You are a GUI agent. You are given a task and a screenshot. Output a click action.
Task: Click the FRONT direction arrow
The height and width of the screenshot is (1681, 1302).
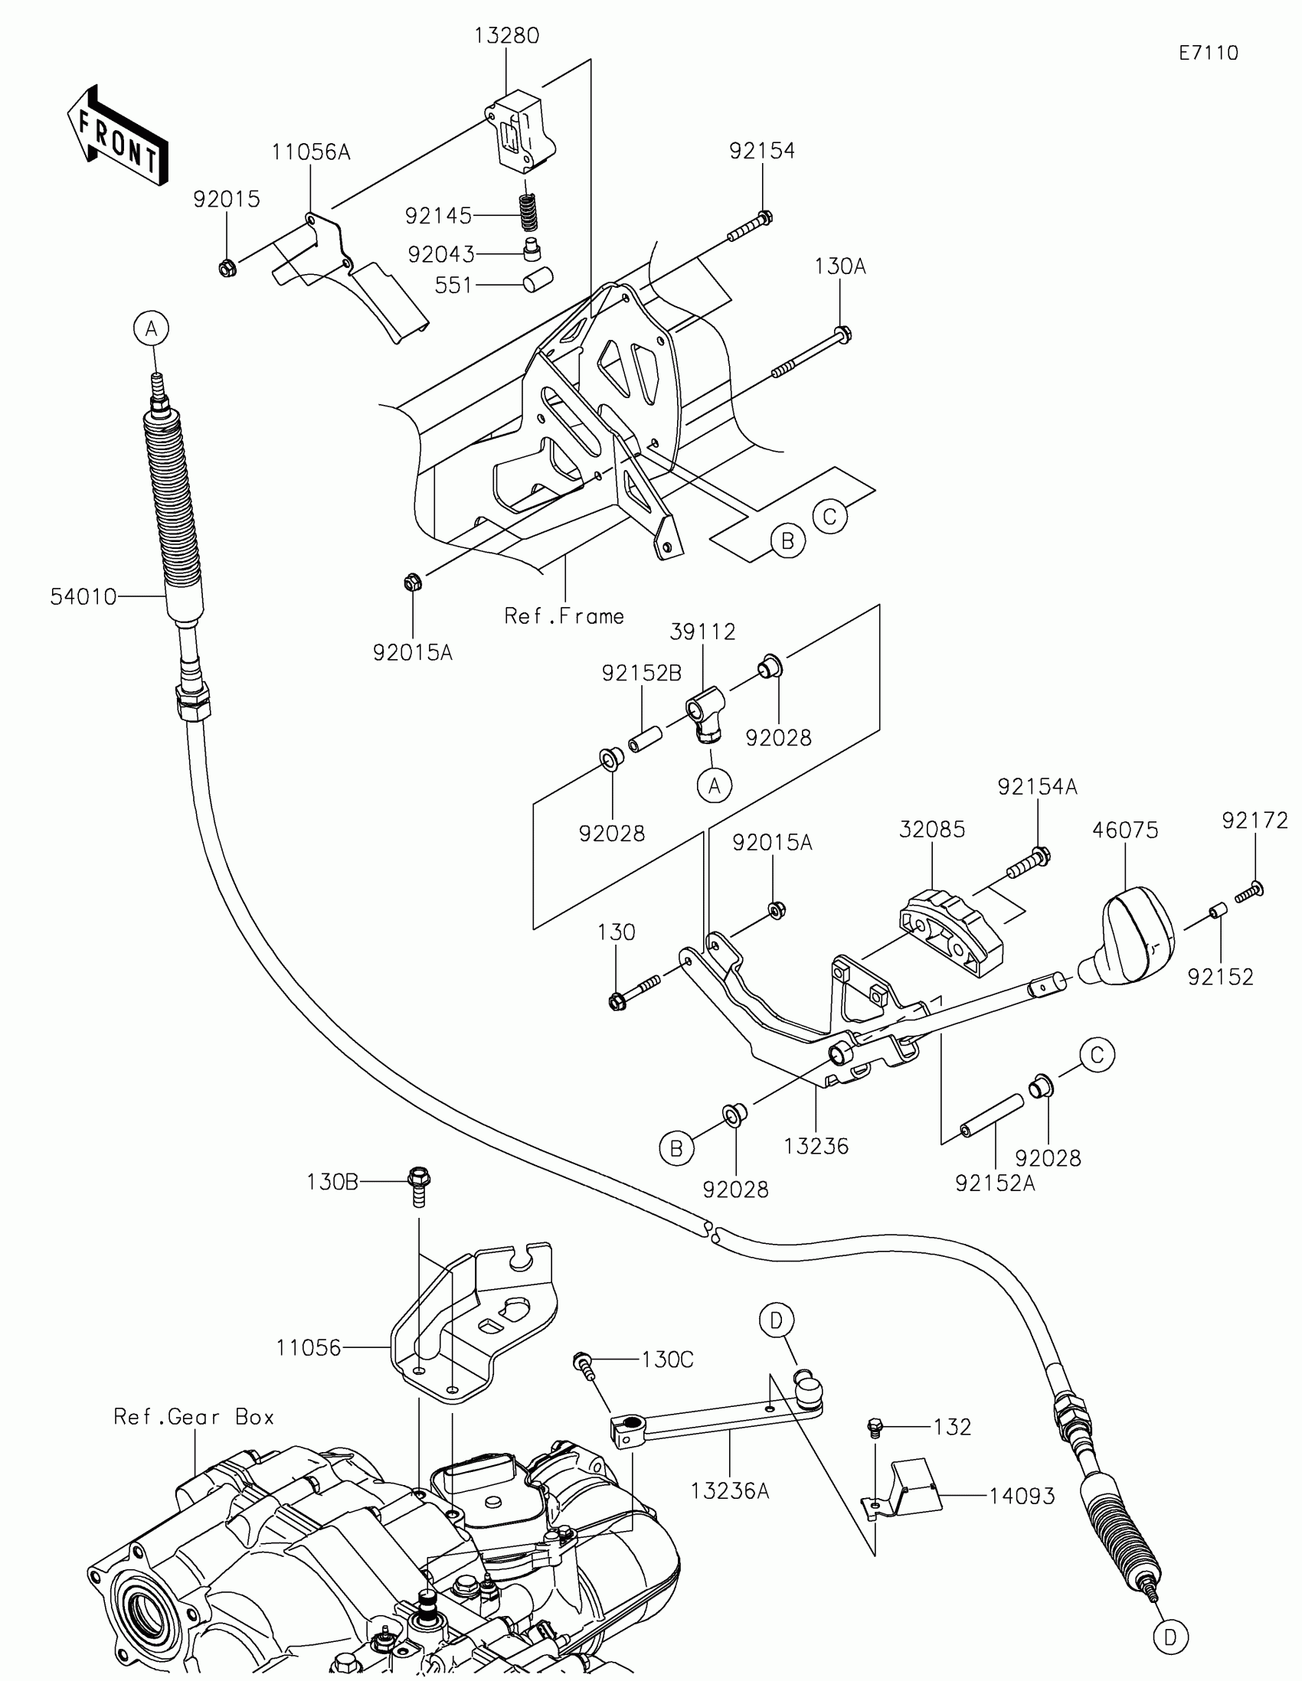pyautogui.click(x=118, y=135)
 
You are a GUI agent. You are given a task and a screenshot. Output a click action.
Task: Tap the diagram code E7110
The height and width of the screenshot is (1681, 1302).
pyautogui.click(x=1208, y=53)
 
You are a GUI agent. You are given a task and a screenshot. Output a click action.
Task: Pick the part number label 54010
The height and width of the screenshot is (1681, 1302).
pyautogui.click(x=83, y=596)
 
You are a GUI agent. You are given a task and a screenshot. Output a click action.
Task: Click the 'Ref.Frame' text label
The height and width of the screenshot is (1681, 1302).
pyautogui.click(x=564, y=616)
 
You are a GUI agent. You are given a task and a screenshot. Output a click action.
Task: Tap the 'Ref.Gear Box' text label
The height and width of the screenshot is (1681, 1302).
pyautogui.click(x=194, y=1417)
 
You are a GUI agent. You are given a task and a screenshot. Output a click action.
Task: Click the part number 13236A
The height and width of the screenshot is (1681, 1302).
pyautogui.click(x=730, y=1491)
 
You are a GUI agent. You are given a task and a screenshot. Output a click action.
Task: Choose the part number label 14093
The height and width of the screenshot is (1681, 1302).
pyautogui.click(x=1022, y=1496)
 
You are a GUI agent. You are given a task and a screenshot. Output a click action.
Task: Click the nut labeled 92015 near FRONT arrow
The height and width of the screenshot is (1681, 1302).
pyautogui.click(x=227, y=269)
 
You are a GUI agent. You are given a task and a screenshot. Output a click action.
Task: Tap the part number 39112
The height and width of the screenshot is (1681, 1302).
pyautogui.click(x=702, y=632)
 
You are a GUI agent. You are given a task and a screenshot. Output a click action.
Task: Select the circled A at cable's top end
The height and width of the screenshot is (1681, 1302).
pyautogui.click(x=152, y=328)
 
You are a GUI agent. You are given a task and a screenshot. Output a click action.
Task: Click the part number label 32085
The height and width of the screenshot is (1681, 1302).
pyautogui.click(x=931, y=830)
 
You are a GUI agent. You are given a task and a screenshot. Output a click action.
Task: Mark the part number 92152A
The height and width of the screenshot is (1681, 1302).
pyautogui.click(x=995, y=1183)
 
